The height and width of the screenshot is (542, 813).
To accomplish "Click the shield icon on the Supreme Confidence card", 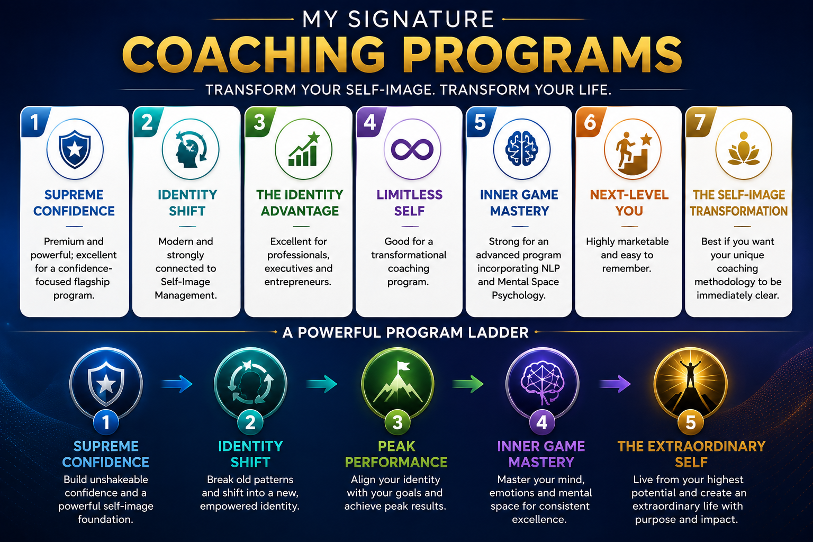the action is tap(75, 149).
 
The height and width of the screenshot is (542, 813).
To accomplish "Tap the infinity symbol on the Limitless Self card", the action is tap(412, 150).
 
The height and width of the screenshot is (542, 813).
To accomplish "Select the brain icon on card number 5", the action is tap(521, 149).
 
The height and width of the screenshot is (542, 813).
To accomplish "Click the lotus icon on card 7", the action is tap(743, 150).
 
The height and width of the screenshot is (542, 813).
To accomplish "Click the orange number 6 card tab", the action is tap(590, 122).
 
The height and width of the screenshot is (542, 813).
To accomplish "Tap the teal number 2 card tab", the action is tap(147, 122).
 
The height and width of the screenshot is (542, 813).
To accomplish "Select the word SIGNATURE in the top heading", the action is tap(421, 19).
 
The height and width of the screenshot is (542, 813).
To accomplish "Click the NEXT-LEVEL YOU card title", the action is tap(629, 203).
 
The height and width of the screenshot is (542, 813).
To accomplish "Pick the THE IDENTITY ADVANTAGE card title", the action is tap(300, 203).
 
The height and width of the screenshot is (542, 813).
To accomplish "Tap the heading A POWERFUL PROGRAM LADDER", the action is tap(405, 332).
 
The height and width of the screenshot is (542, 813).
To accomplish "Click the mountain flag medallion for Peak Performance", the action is tap(398, 384).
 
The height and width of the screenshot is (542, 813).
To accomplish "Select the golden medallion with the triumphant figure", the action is tap(691, 384).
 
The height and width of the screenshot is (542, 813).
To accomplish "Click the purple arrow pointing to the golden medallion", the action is tap(615, 384).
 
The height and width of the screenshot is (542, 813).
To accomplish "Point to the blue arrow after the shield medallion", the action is tap(177, 384).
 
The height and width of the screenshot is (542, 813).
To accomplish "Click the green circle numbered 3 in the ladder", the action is tap(398, 422).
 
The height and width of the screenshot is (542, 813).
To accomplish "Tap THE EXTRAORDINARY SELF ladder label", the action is tap(691, 454).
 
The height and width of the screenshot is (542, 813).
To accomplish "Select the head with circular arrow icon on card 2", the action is tap(191, 150).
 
